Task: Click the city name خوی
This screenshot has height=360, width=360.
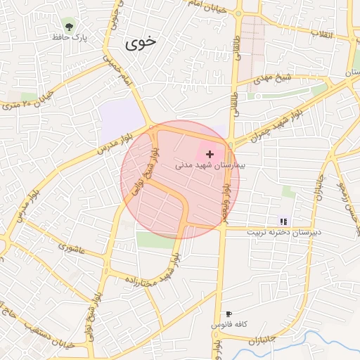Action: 141,44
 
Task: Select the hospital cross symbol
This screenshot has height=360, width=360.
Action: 210,153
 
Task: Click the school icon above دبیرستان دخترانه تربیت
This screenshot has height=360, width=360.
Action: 283,221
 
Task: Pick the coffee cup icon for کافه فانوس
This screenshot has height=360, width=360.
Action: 229,314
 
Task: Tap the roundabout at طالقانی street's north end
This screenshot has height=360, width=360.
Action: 239,13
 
